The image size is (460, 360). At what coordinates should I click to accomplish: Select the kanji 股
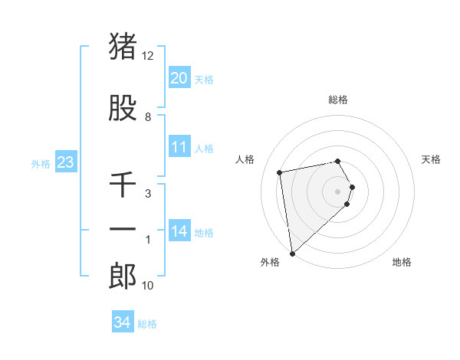tap(123, 109)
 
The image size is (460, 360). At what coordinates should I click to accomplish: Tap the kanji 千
tap(123, 185)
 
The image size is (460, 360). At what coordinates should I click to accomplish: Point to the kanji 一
tap(123, 230)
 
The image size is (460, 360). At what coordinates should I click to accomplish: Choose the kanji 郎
tap(123, 276)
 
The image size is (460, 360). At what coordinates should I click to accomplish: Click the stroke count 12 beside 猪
tap(148, 56)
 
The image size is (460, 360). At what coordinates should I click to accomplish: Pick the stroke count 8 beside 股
tap(148, 117)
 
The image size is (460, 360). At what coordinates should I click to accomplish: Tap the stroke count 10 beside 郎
tap(148, 286)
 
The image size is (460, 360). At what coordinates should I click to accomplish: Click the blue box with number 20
tap(179, 78)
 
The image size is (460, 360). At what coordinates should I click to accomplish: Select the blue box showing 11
tap(179, 147)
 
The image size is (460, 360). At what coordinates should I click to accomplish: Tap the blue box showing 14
tap(179, 231)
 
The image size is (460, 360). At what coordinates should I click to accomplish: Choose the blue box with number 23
tap(65, 162)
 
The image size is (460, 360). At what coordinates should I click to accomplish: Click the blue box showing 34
tap(123, 322)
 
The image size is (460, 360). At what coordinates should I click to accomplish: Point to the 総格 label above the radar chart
tap(338, 100)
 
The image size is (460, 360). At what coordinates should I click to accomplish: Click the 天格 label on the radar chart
tap(432, 159)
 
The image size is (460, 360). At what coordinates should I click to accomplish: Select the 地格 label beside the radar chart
tap(402, 262)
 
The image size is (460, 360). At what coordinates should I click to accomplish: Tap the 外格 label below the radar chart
tap(270, 262)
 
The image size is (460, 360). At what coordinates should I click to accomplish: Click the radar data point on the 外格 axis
tap(292, 253)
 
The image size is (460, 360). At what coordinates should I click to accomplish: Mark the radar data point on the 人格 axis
tap(280, 172)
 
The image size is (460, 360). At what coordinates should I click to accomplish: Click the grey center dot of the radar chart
tap(338, 191)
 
